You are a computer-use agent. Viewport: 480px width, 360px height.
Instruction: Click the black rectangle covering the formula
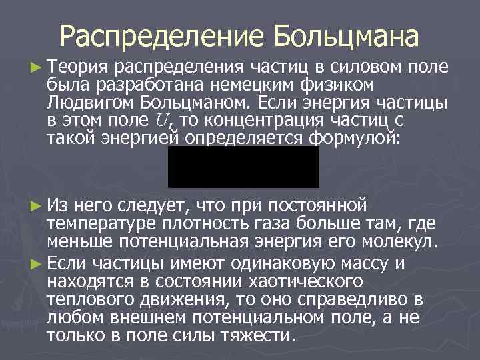(243, 167)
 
